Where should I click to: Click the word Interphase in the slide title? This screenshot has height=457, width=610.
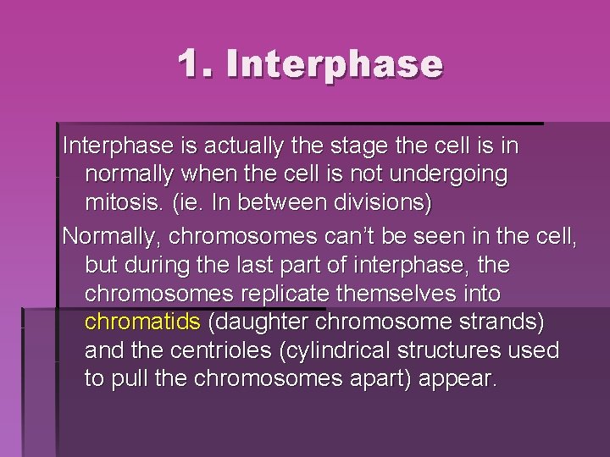(x=335, y=64)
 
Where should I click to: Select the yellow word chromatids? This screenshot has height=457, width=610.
(x=142, y=323)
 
